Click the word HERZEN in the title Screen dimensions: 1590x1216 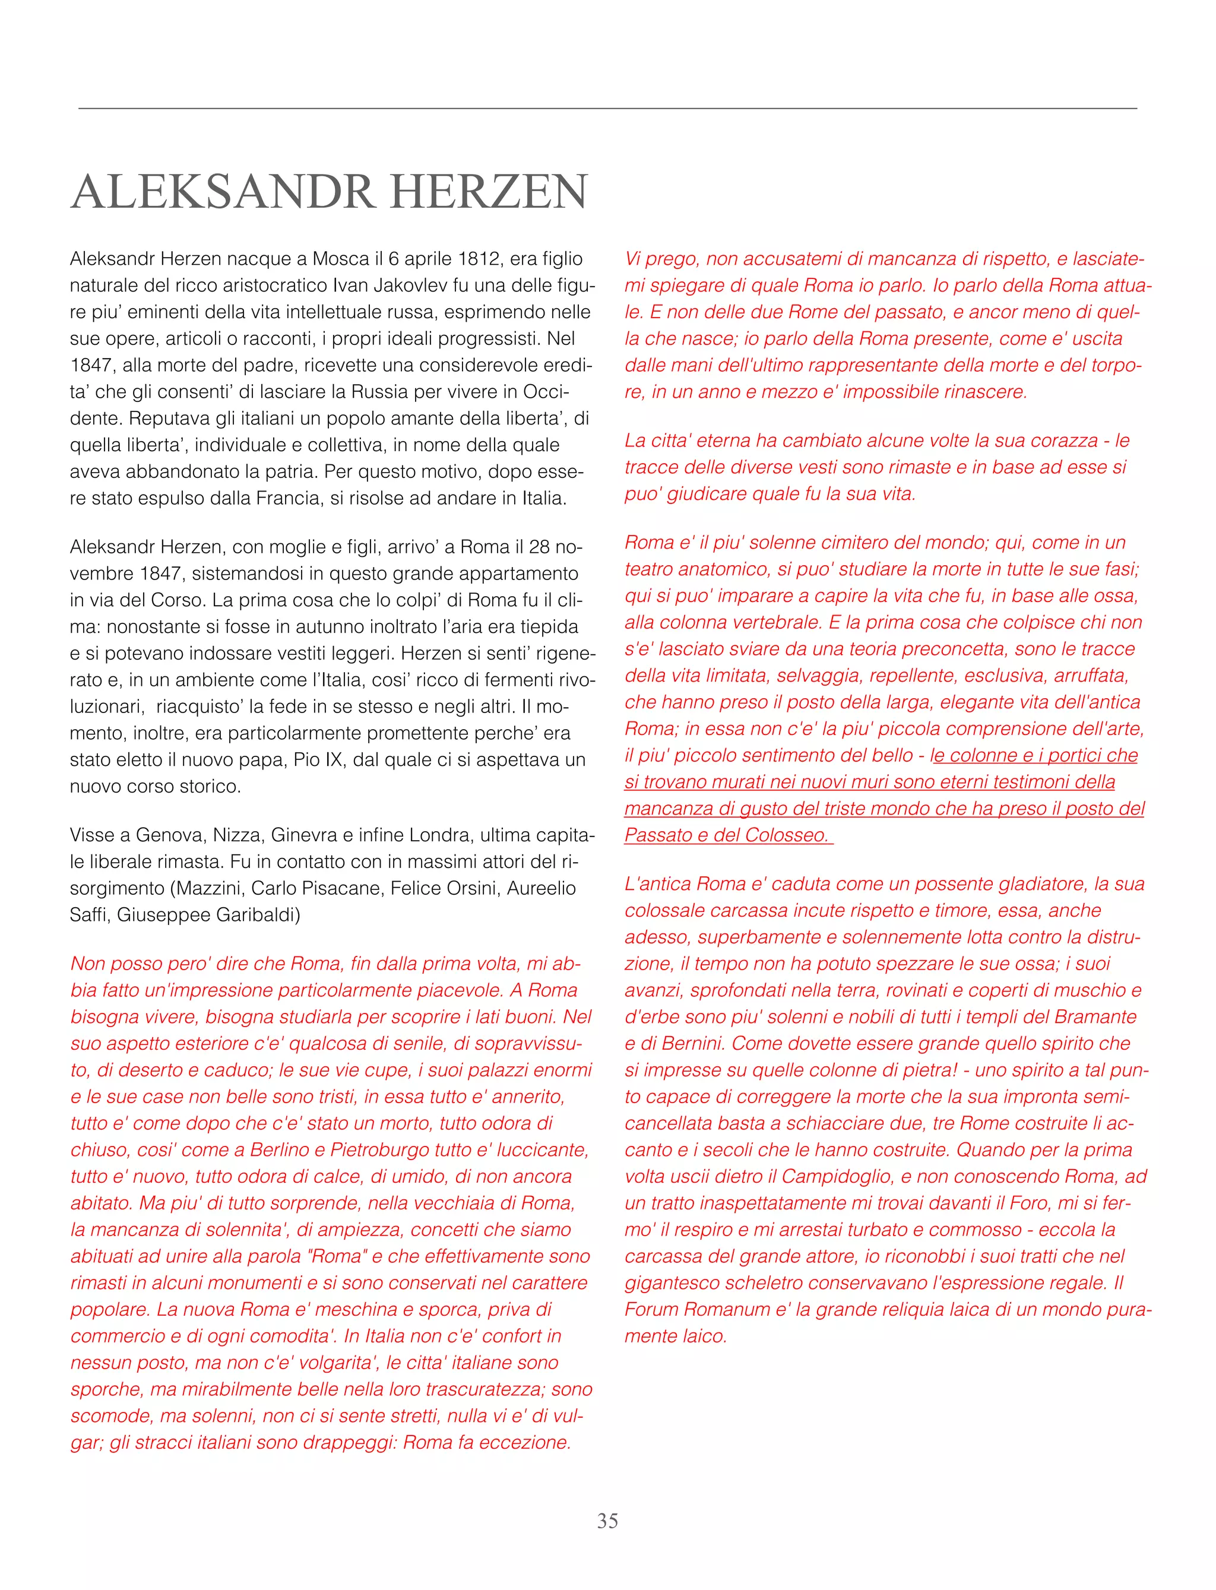click(489, 192)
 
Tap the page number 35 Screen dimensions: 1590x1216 click(607, 1521)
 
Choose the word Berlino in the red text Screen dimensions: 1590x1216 click(283, 1150)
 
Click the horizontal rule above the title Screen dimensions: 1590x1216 click(607, 109)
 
